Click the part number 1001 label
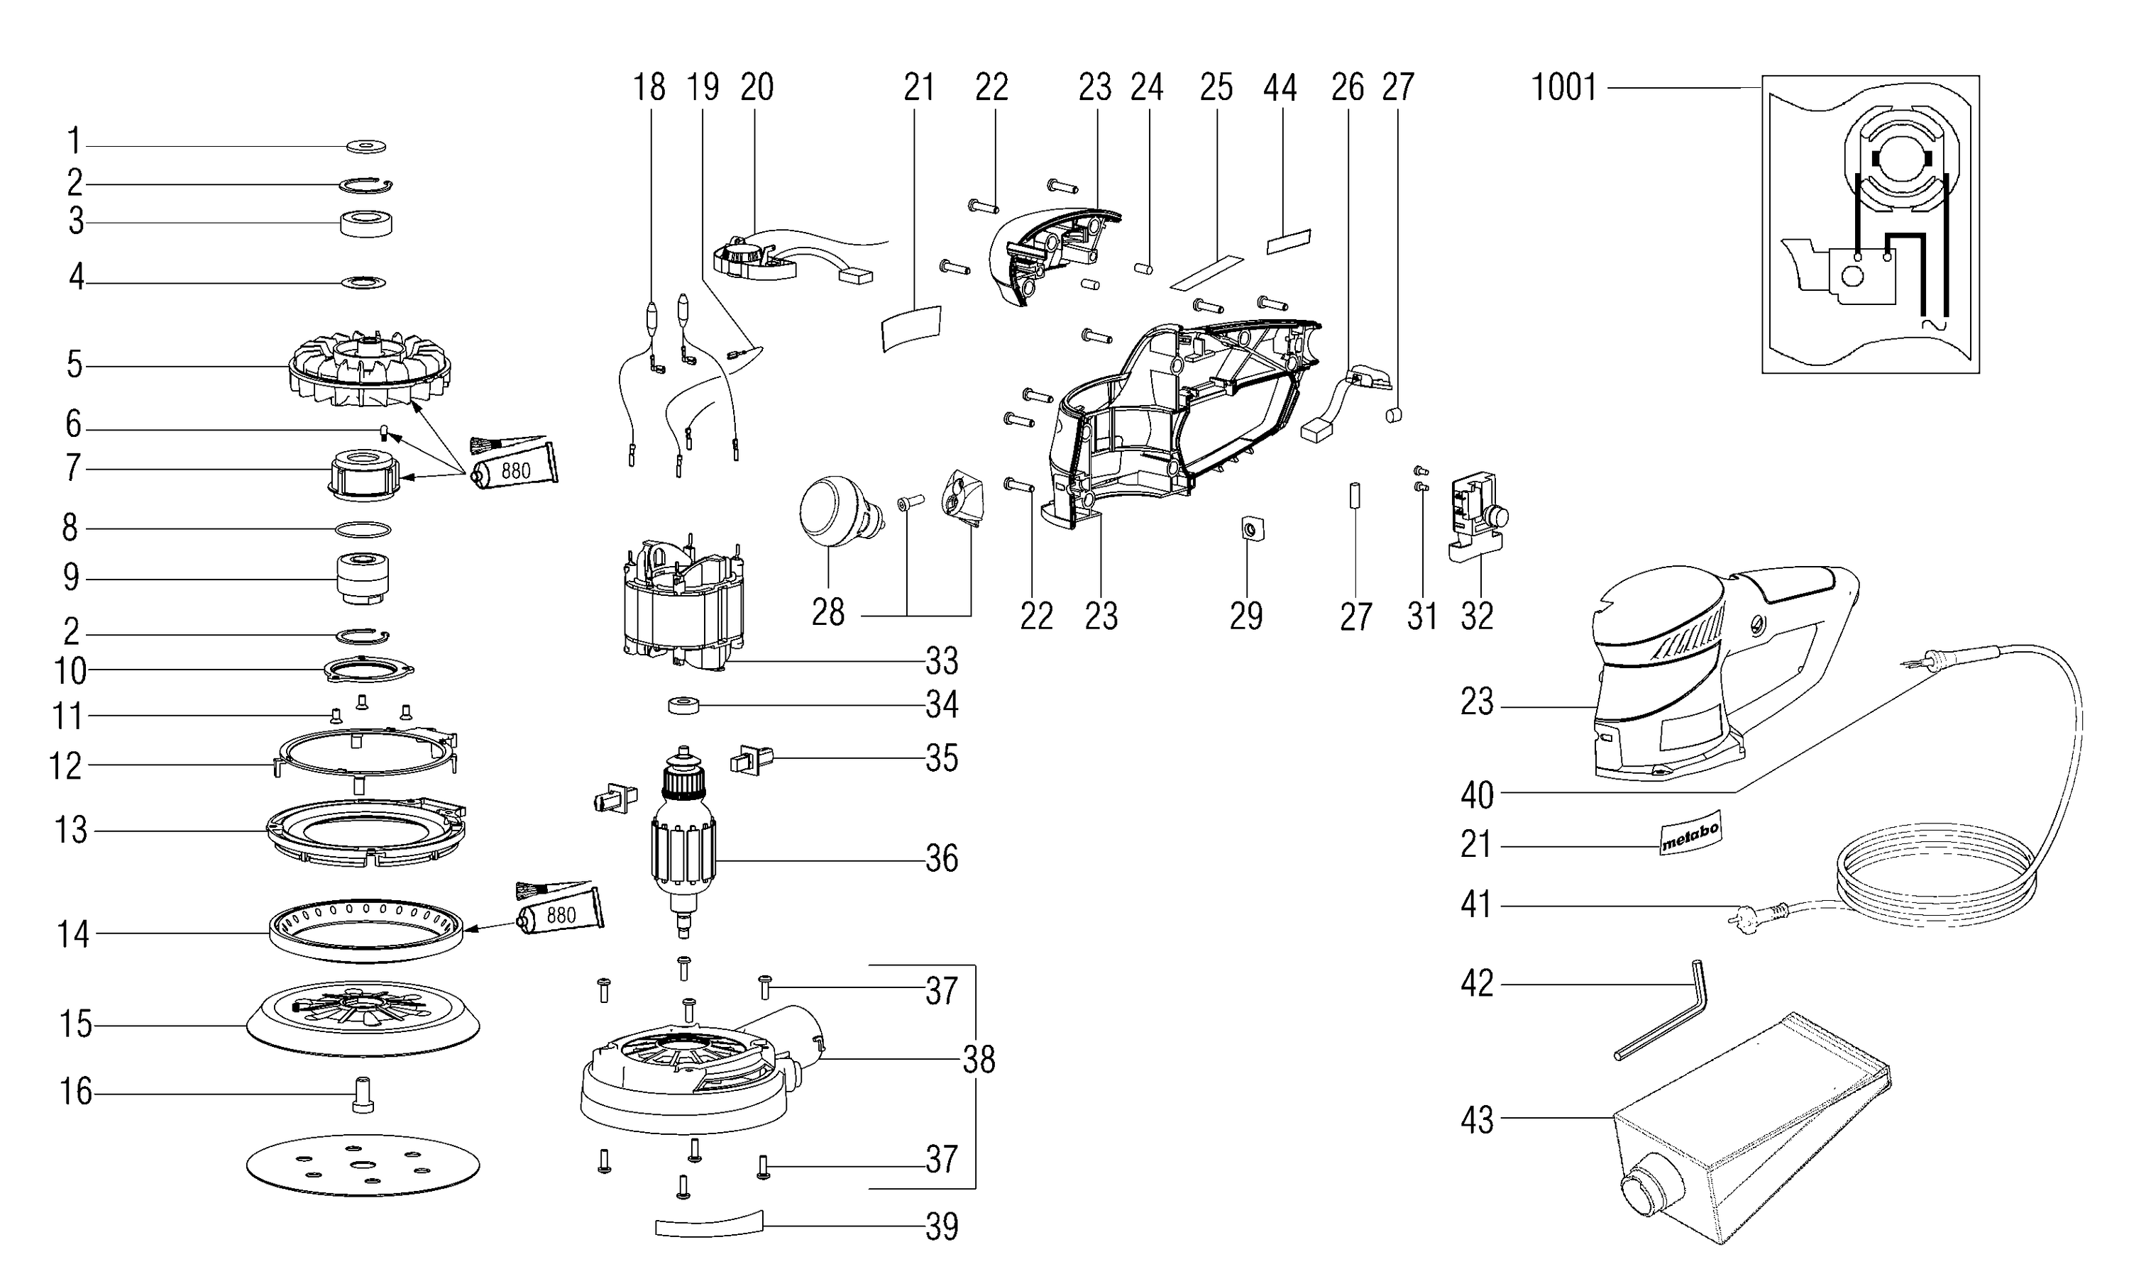pyautogui.click(x=1563, y=88)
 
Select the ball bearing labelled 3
pyautogui.click(x=366, y=223)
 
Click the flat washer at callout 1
pyautogui.click(x=366, y=147)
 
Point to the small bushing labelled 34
pyautogui.click(x=683, y=705)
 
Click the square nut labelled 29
pyautogui.click(x=1248, y=531)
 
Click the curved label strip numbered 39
pyautogui.click(x=709, y=1224)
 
